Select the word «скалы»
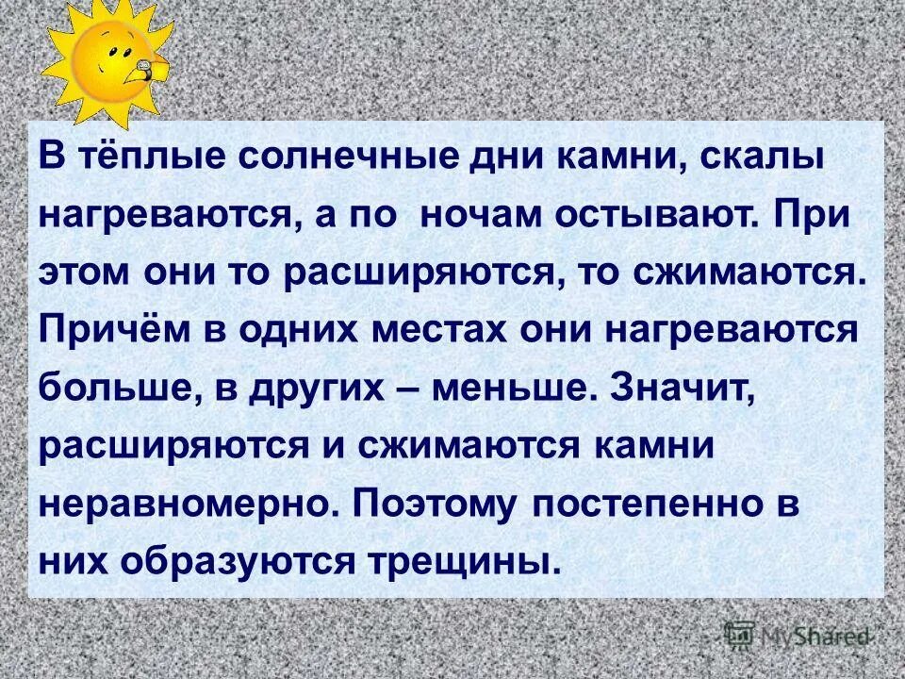(x=757, y=157)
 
